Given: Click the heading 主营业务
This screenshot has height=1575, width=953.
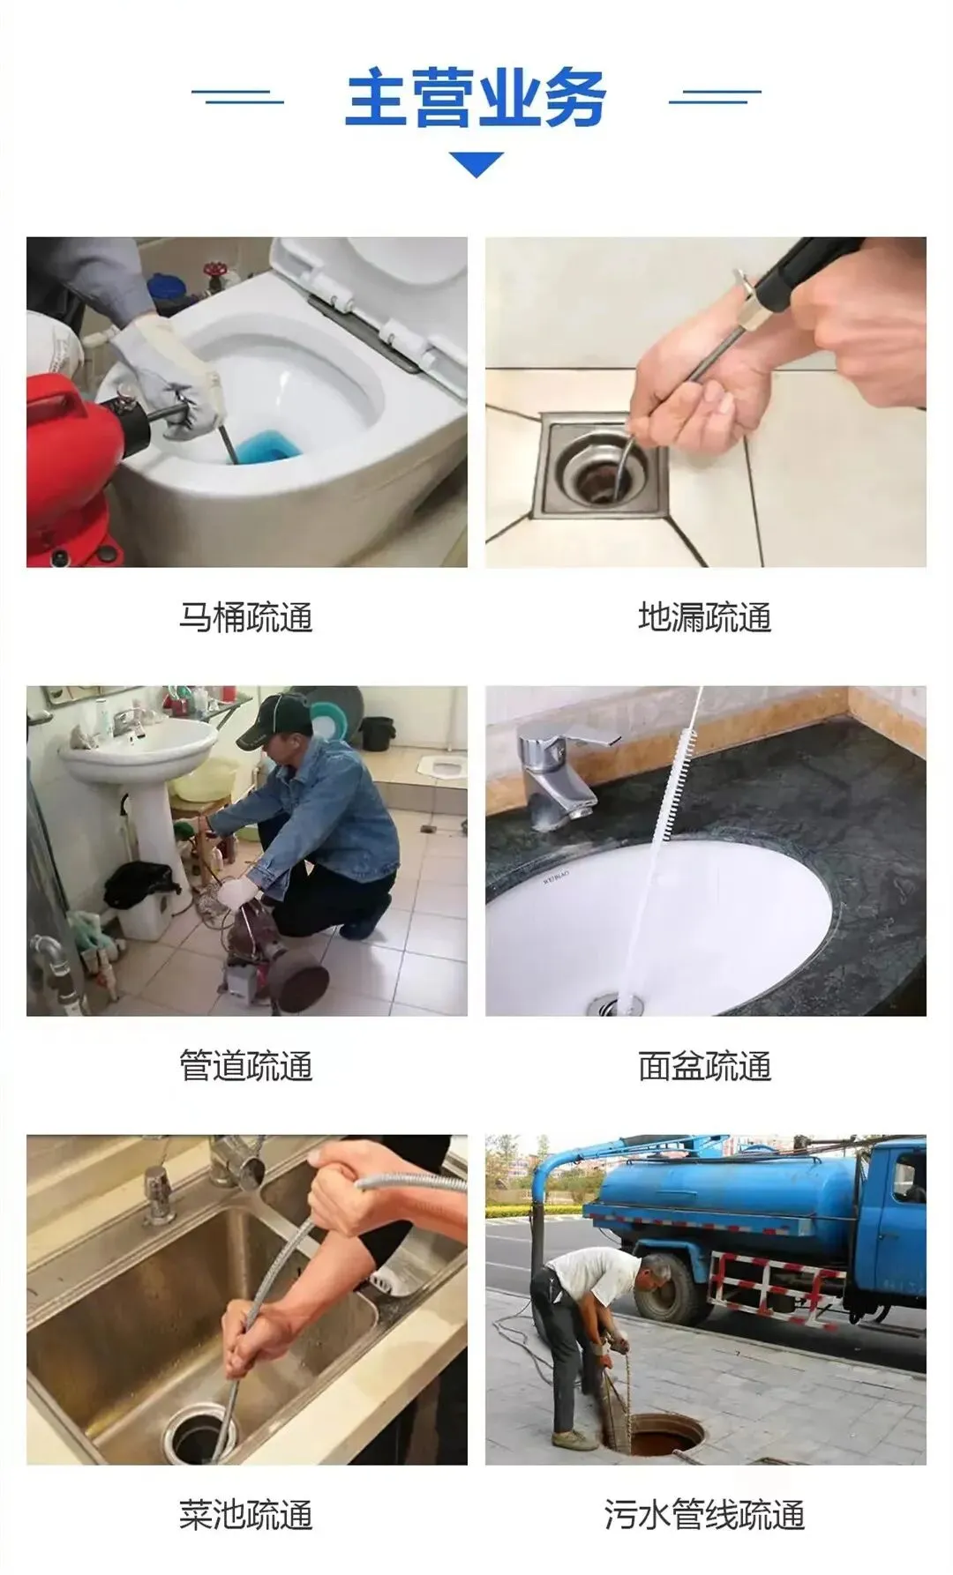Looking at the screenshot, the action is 476,98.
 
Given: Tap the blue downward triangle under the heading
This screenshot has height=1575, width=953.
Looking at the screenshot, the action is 476,163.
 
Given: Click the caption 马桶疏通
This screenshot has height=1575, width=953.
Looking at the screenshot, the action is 246,617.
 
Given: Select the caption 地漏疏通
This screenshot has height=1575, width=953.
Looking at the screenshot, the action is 705,617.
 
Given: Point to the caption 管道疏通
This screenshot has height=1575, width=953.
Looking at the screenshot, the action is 246,1066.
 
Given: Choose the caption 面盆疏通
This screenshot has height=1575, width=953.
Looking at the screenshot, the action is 705,1066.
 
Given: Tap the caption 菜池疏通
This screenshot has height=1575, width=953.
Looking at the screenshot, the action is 246,1515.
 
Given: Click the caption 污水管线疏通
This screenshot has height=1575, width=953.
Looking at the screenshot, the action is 705,1515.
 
